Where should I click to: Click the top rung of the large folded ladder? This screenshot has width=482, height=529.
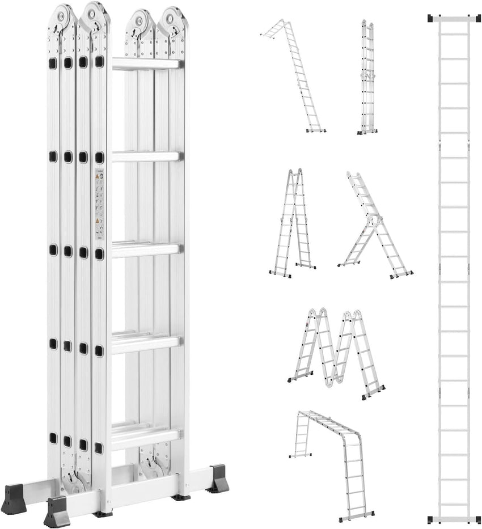point(147,64)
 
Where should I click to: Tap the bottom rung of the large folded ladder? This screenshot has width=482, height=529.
point(146,435)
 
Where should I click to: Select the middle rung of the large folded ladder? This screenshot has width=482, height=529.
point(146,249)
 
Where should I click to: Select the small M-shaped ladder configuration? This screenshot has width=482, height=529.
point(336,352)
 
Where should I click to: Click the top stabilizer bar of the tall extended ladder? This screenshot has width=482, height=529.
point(454,19)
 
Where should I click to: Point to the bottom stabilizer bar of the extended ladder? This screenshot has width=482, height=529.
point(454,519)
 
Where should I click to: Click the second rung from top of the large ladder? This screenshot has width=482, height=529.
point(146,156)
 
